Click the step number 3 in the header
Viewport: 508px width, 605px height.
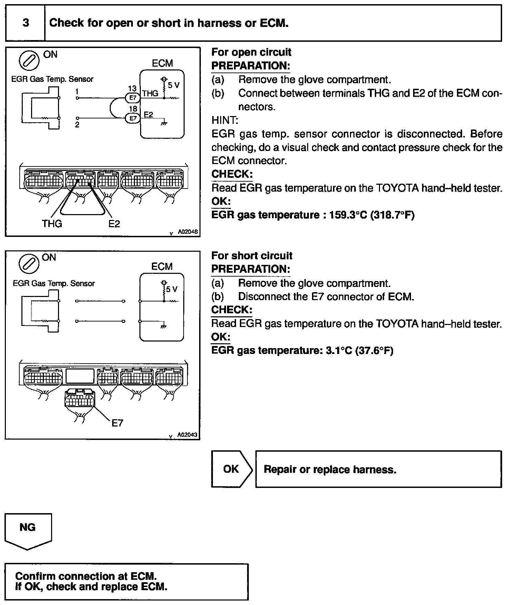click(x=26, y=23)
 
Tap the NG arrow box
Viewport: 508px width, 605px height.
click(x=28, y=530)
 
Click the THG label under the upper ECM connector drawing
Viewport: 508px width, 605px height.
click(x=52, y=224)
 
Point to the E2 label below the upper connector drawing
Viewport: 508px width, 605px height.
click(x=114, y=224)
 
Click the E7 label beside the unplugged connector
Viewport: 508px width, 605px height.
click(x=117, y=423)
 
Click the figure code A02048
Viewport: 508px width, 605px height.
click(x=188, y=232)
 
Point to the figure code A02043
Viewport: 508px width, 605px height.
click(x=187, y=435)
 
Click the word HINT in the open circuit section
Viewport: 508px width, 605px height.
click(x=224, y=120)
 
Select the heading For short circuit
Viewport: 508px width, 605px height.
click(x=252, y=256)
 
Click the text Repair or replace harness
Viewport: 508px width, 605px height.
click(x=330, y=469)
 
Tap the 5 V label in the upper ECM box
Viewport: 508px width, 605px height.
click(x=174, y=85)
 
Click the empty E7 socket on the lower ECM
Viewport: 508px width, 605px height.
click(x=80, y=376)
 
